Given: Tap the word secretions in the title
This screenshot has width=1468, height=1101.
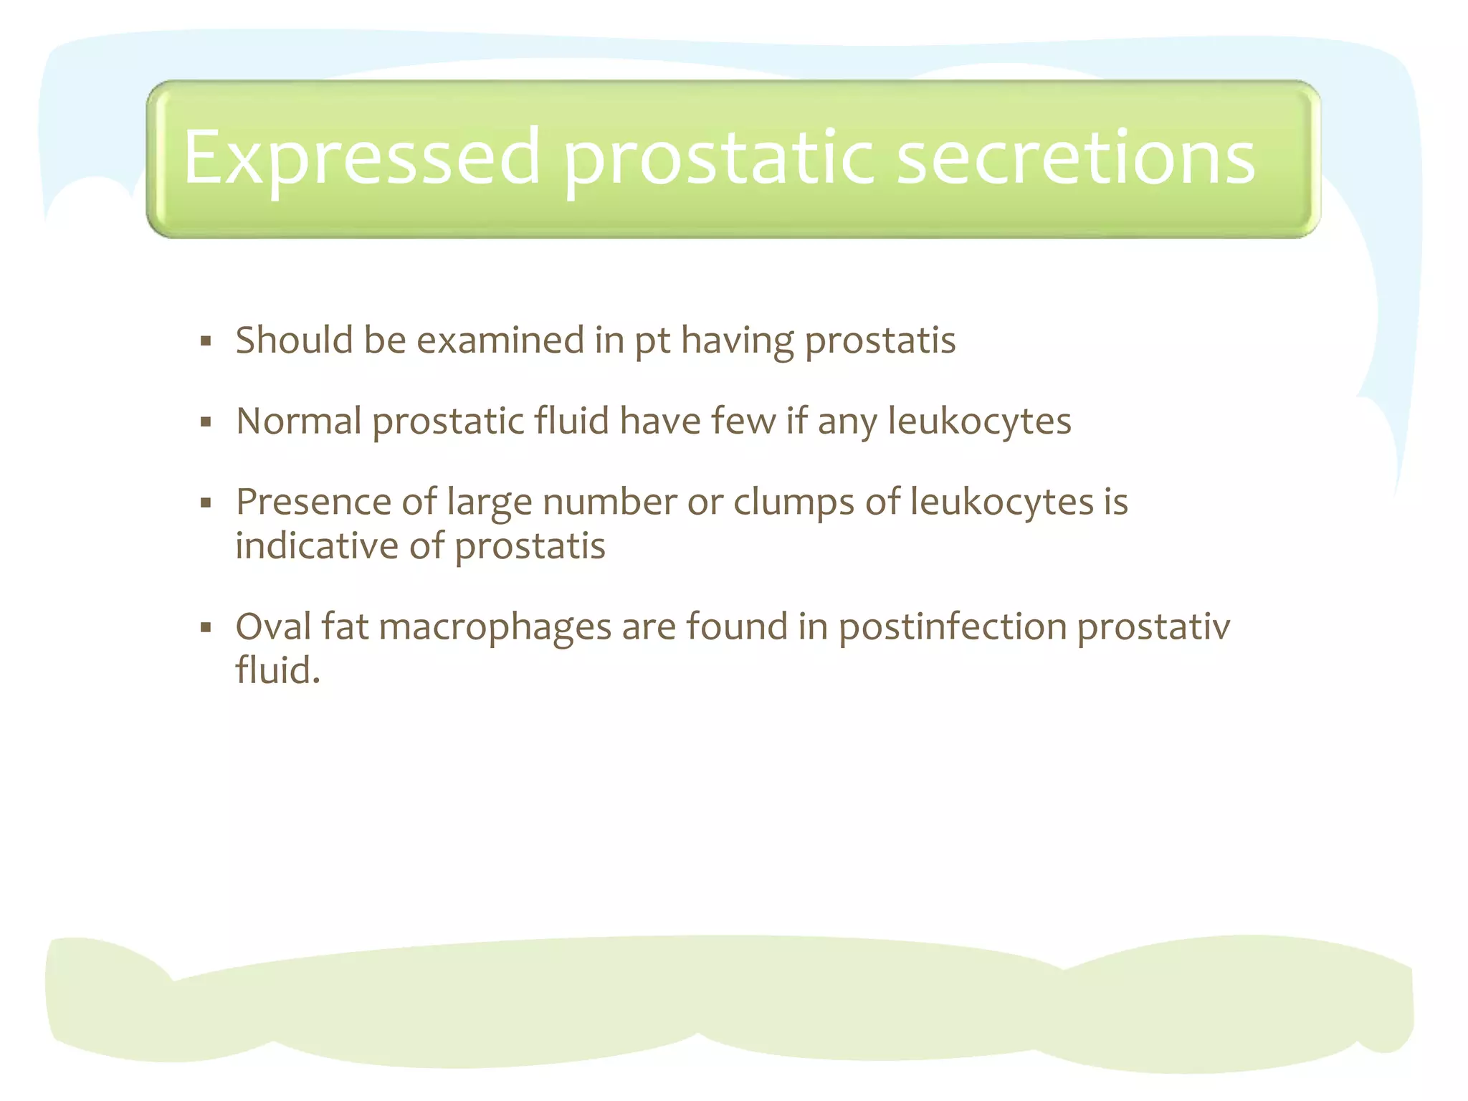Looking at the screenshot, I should click(1075, 158).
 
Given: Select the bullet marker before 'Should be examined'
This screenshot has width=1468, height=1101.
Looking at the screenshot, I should click(206, 341).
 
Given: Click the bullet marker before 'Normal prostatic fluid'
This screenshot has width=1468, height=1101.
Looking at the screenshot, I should click(206, 422).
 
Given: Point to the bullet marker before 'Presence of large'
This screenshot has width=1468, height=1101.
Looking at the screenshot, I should click(206, 503).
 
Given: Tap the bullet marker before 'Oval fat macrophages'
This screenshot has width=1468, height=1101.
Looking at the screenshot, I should click(206, 629).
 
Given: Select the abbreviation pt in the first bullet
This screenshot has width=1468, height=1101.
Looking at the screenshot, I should click(652, 341).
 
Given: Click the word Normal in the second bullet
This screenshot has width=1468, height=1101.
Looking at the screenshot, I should click(299, 421).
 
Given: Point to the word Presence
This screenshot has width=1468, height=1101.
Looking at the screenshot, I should click(313, 502).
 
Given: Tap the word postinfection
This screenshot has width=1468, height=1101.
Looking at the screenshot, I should click(953, 627).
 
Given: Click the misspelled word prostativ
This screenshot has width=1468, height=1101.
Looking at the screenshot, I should click(1153, 627).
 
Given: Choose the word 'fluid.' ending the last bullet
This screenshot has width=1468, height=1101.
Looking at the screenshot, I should click(277, 671).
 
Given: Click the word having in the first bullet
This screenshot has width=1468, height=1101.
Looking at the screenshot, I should click(737, 341).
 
